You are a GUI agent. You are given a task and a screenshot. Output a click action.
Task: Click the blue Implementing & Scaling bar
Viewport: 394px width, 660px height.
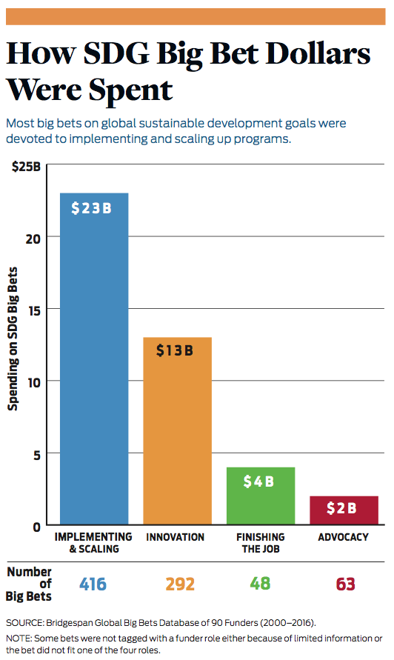coord(94,359)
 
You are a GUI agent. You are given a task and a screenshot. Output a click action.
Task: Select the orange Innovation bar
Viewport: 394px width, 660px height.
coord(177,430)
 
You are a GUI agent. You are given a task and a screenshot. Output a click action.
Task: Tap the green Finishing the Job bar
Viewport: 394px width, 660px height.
coord(261,496)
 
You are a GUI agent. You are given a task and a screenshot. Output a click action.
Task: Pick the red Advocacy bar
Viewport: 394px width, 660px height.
coord(344,510)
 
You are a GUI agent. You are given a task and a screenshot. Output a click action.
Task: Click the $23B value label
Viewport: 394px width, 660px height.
coord(91,208)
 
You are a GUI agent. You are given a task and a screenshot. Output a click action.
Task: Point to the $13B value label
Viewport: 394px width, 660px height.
coord(175,350)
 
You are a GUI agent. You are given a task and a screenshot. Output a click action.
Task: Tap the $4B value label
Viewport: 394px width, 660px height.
coord(258,481)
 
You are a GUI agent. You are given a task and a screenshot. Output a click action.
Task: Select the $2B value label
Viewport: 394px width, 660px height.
coord(341,508)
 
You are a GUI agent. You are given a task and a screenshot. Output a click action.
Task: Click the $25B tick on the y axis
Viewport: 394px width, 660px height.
coord(26,167)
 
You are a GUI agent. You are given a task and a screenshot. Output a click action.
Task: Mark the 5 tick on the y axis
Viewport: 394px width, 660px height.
coord(37,455)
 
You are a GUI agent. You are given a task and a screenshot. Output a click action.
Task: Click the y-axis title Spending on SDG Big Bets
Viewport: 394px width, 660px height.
coord(13,339)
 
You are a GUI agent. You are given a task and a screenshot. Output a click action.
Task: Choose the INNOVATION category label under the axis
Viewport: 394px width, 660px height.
coord(175,537)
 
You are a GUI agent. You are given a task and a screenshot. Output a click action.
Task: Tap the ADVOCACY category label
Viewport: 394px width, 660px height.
coord(343,537)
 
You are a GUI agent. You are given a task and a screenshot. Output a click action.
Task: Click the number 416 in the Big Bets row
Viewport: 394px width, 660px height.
coord(93,584)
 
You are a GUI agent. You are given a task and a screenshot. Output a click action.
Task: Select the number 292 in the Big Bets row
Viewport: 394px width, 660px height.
coord(180,584)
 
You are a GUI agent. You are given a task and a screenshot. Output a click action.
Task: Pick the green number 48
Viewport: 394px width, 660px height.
coord(260,584)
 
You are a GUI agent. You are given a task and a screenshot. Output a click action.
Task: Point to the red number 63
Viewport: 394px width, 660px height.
coord(346,584)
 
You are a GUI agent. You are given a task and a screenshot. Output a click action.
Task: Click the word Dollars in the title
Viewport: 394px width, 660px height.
coord(318,54)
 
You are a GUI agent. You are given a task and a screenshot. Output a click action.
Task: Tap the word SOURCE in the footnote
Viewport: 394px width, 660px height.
coord(24,622)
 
